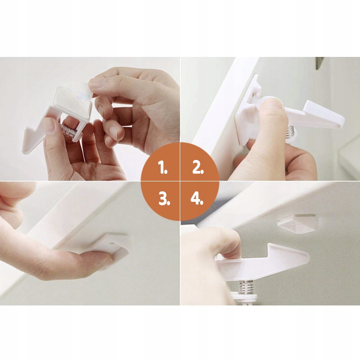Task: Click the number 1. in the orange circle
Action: tap(163, 167)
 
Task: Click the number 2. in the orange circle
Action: tap(198, 167)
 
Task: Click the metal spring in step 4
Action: tap(246, 287)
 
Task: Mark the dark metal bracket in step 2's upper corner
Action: tap(319, 63)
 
